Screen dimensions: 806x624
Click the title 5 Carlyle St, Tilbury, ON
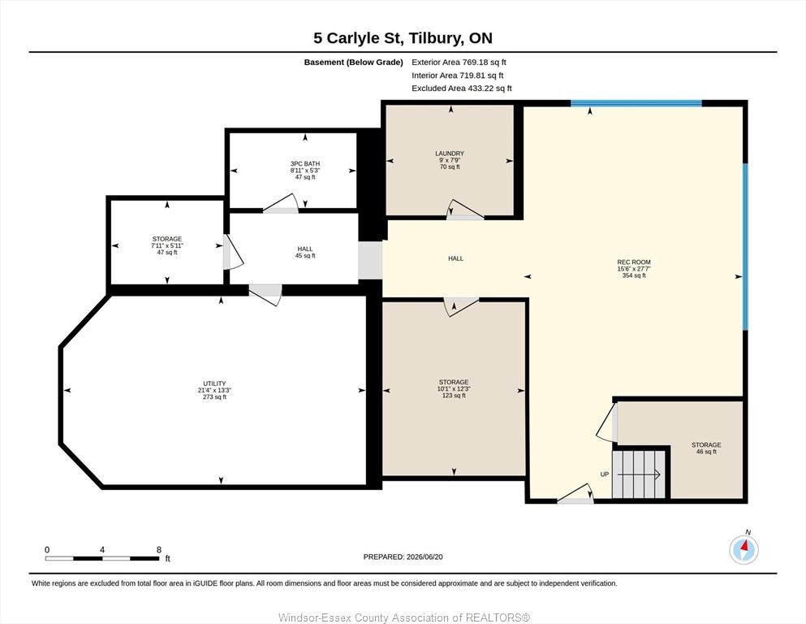tap(403, 38)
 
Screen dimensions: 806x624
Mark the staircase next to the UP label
tap(639, 474)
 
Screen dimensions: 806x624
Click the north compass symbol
tap(744, 549)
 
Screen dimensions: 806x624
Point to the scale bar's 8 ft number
tap(159, 550)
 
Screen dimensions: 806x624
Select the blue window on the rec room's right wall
tap(745, 247)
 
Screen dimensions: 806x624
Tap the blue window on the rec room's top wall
tap(636, 103)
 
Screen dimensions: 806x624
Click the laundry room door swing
tap(465, 210)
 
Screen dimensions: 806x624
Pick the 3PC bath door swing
tap(281, 203)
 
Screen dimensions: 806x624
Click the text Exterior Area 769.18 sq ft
tap(459, 63)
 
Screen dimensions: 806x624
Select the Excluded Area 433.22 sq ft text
tap(462, 88)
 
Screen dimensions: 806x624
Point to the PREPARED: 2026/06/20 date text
tap(403, 557)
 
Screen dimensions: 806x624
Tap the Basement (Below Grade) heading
tap(353, 63)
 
